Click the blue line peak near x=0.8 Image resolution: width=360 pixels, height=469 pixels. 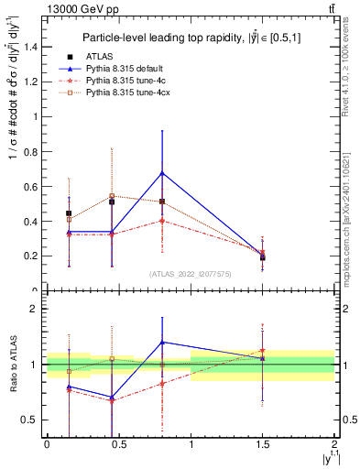pyautogui.click(x=162, y=172)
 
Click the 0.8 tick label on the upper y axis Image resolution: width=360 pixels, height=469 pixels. pyautogui.click(x=33, y=151)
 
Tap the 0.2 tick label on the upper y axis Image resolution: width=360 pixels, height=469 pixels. pyautogui.click(x=33, y=256)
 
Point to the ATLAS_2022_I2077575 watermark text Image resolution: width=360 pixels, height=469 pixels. pyautogui.click(x=191, y=274)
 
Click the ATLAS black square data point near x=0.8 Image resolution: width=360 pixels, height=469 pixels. pyautogui.click(x=162, y=202)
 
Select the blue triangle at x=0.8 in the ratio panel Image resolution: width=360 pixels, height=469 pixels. pyautogui.click(x=162, y=342)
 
